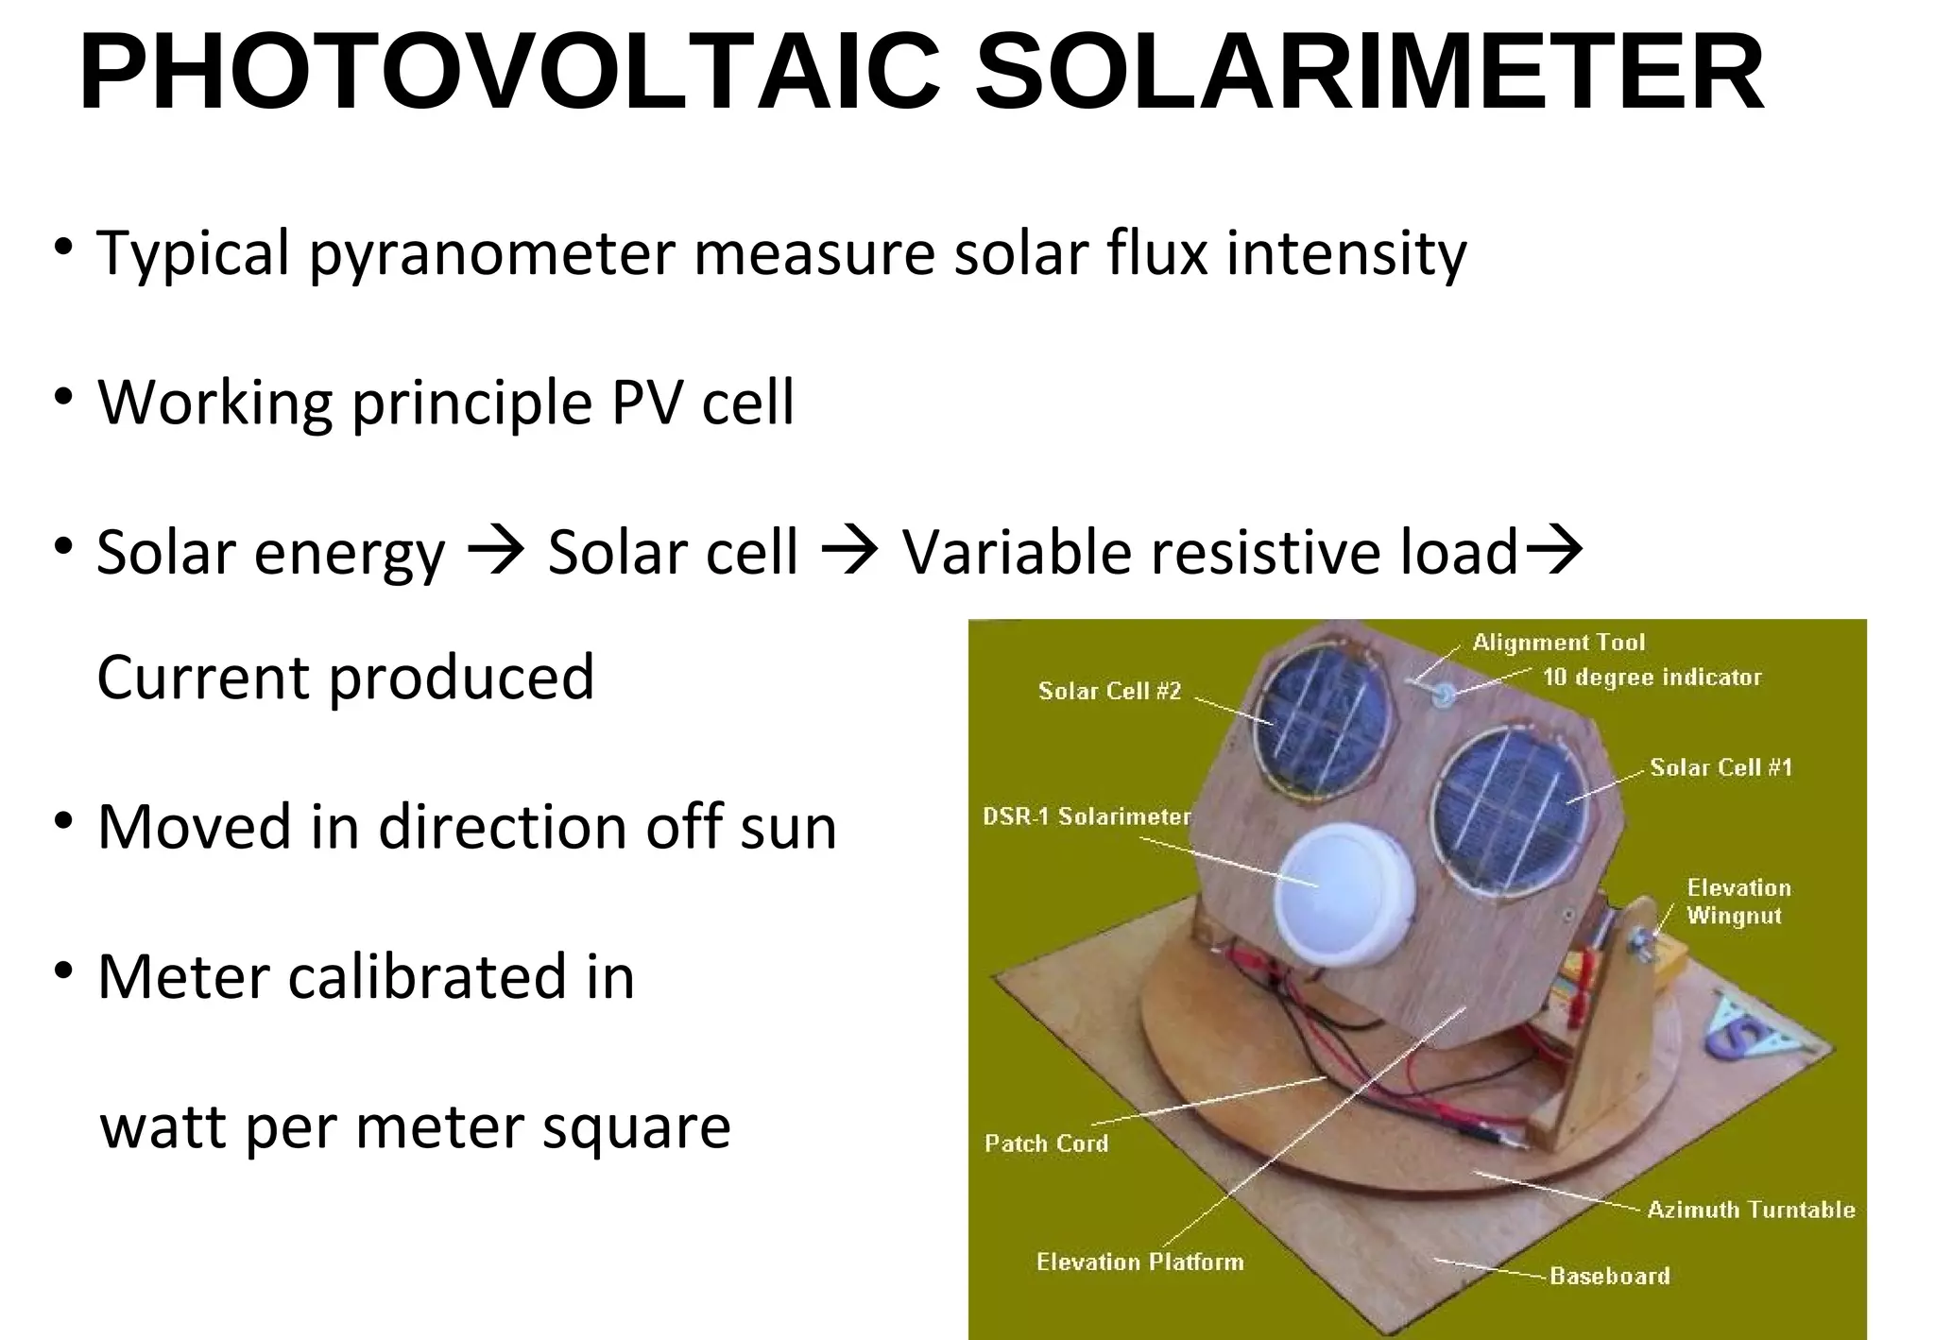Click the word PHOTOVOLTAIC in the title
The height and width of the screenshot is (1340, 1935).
pyautogui.click(x=510, y=74)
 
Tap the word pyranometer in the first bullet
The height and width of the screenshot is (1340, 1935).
pyautogui.click(x=491, y=255)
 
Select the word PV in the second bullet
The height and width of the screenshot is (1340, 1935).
pyautogui.click(x=647, y=403)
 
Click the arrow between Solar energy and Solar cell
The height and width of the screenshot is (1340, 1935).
pyautogui.click(x=496, y=550)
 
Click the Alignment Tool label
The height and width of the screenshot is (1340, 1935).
pyautogui.click(x=1559, y=644)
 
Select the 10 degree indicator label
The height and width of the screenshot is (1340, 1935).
pyautogui.click(x=1652, y=678)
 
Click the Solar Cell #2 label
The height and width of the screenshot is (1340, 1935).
pyautogui.click(x=1109, y=692)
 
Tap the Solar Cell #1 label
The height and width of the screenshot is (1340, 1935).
pyautogui.click(x=1721, y=767)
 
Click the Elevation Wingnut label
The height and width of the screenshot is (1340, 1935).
pyautogui.click(x=1738, y=902)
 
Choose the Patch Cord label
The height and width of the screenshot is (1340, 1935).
pyautogui.click(x=1046, y=1143)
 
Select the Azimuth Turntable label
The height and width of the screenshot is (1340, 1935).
pyautogui.click(x=1751, y=1211)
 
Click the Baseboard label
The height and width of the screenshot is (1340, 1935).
pyautogui.click(x=1610, y=1277)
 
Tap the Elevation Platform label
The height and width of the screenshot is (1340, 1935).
pyautogui.click(x=1139, y=1263)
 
